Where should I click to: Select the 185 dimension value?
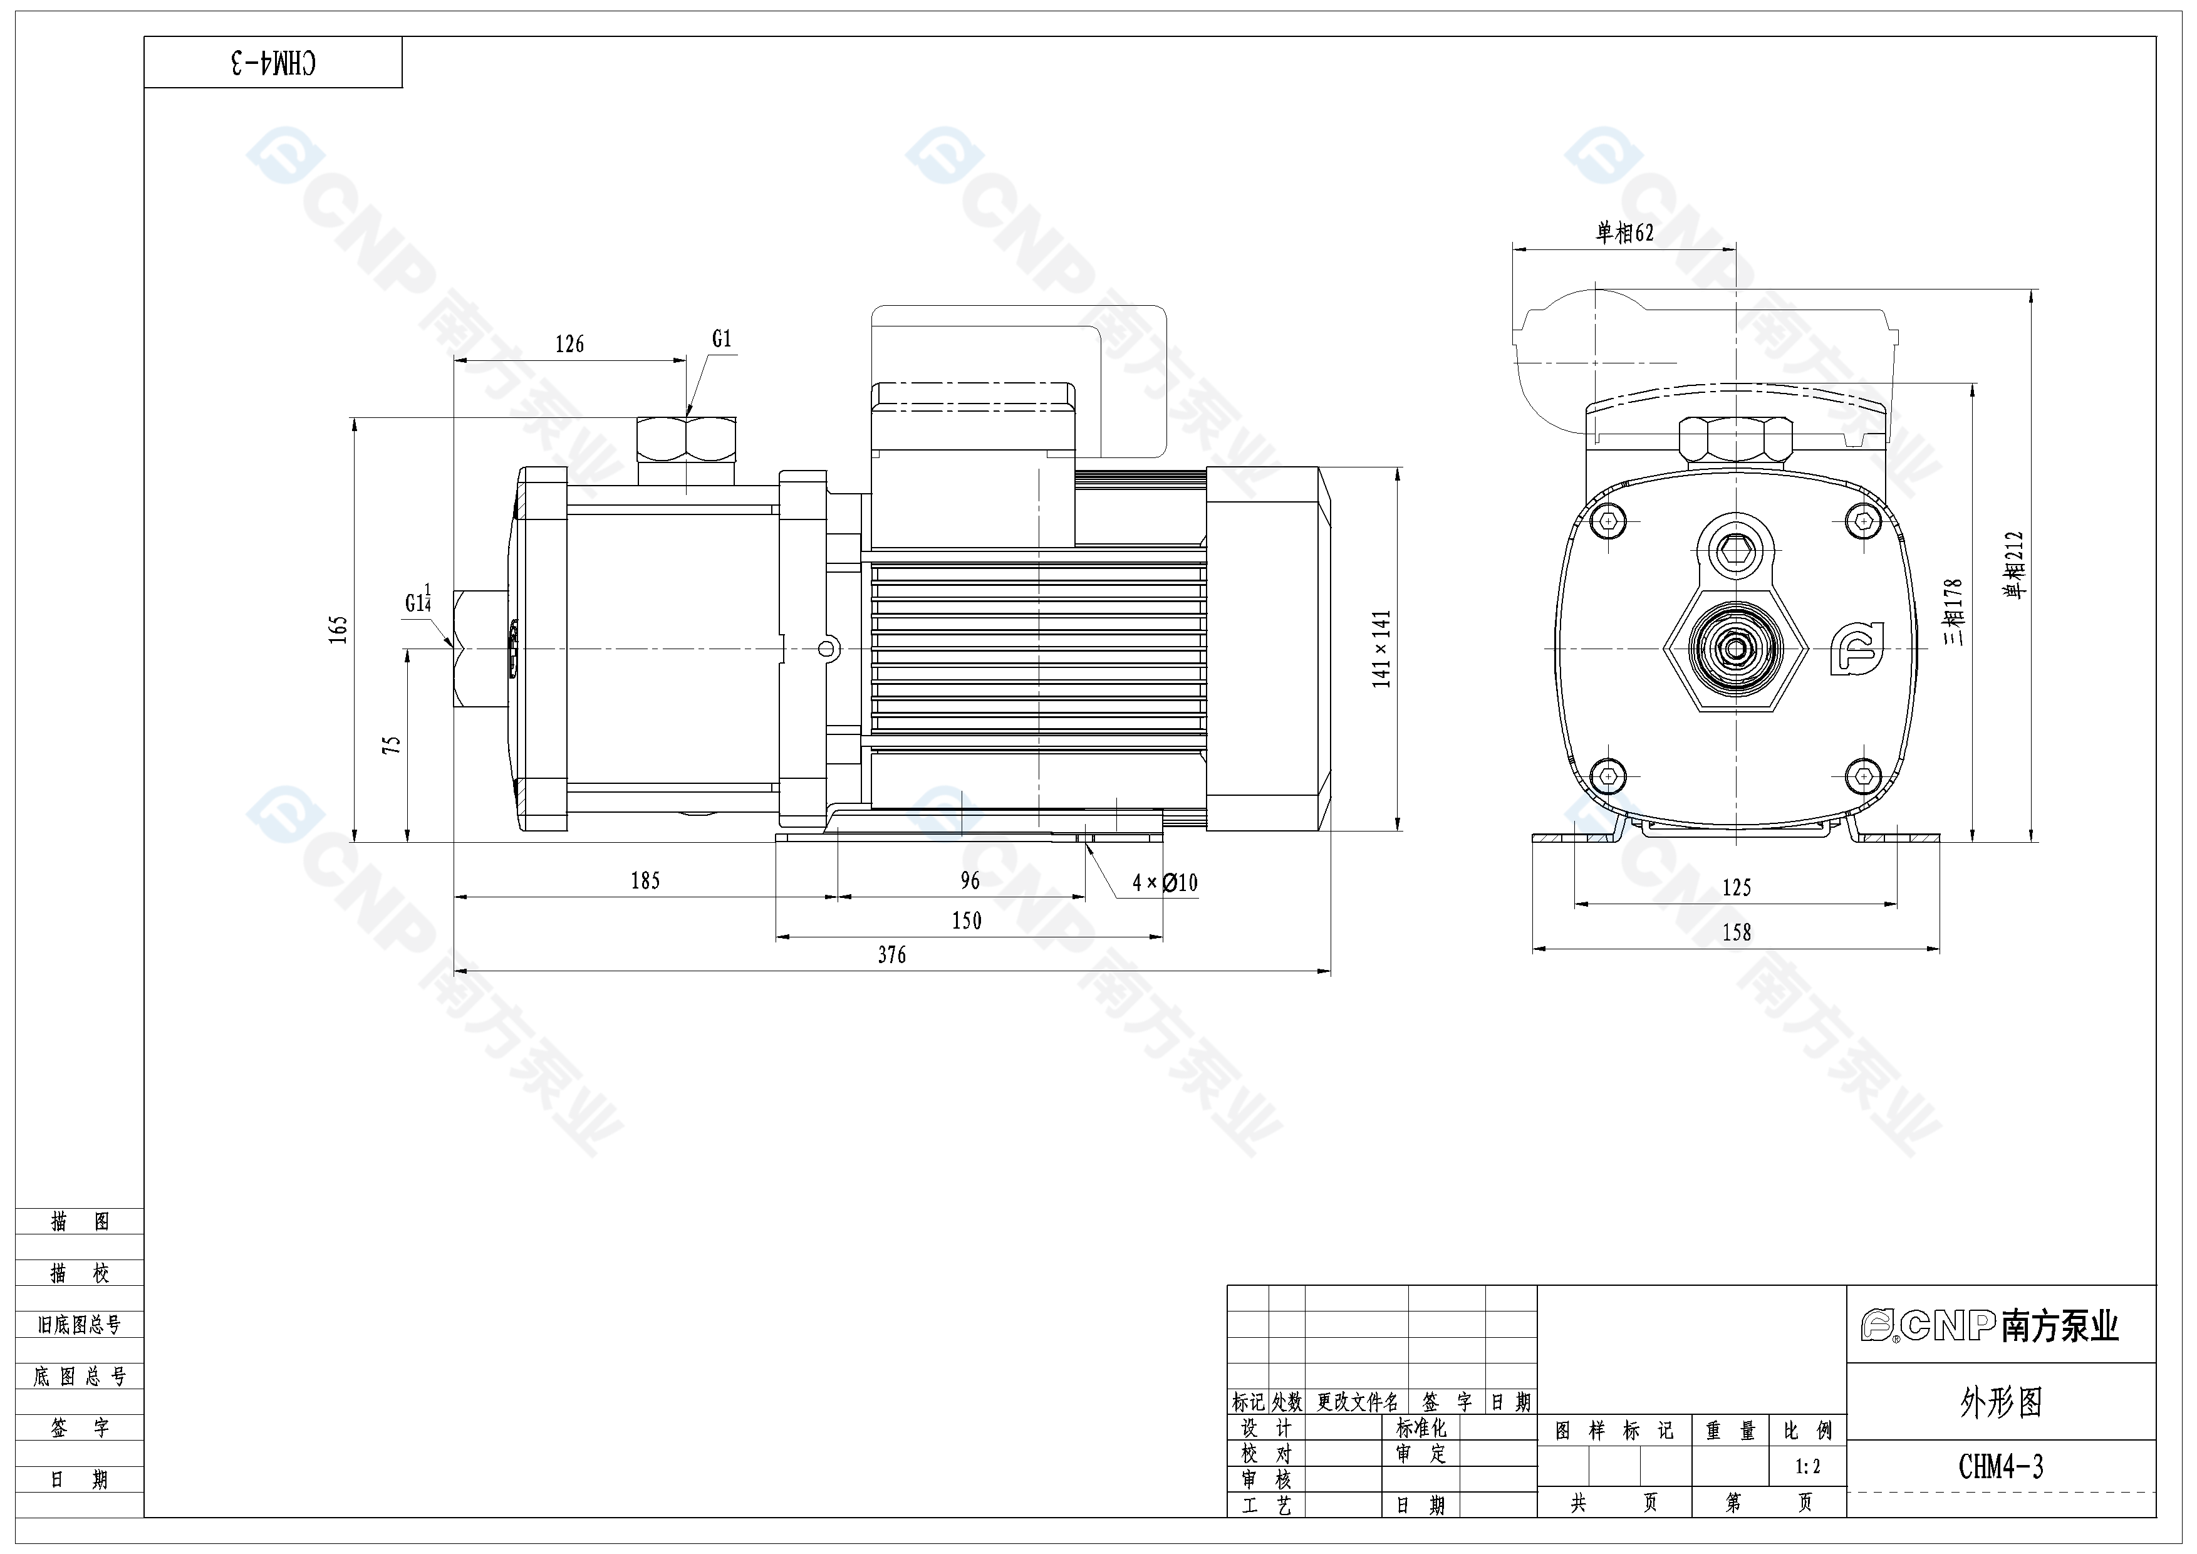click(x=645, y=880)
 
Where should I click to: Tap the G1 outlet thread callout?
click(x=722, y=339)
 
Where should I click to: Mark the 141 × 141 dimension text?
click(x=1381, y=649)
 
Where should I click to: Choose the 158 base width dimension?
click(x=1737, y=932)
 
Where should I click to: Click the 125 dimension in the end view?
click(x=1737, y=887)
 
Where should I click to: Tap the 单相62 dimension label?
click(x=1625, y=232)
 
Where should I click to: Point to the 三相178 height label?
click(x=1953, y=612)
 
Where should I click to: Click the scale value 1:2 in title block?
click(x=1807, y=1466)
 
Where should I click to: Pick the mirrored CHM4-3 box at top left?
click(x=274, y=63)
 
